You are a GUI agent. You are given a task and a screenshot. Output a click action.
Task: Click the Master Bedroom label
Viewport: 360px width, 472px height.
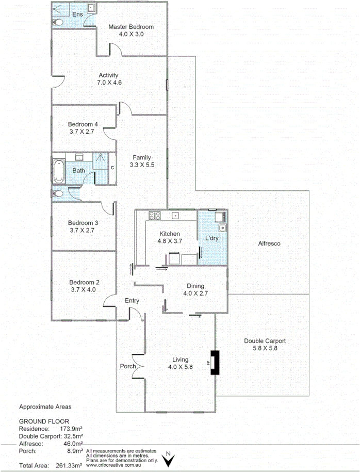coord(130,27)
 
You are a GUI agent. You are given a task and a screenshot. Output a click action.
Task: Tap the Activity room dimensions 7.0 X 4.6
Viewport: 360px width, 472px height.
coord(108,83)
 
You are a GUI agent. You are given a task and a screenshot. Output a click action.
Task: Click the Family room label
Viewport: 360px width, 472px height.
coord(141,157)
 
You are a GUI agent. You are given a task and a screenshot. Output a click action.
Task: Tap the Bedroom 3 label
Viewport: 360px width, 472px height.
coord(83,223)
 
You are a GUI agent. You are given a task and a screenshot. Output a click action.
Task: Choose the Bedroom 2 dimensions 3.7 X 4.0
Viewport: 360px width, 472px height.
coord(83,290)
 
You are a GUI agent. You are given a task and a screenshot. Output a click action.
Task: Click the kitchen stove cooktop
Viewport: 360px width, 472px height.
coord(155,215)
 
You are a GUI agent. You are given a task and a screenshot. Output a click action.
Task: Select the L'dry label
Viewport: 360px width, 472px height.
coord(212,239)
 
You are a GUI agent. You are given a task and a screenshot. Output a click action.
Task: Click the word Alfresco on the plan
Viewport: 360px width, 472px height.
coord(269,243)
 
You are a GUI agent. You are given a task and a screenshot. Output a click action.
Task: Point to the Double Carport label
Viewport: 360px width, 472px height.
coord(265,341)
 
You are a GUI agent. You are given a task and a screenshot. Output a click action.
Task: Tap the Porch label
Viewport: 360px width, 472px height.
coord(127,367)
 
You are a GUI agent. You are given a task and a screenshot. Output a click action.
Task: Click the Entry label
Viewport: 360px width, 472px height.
coord(132,301)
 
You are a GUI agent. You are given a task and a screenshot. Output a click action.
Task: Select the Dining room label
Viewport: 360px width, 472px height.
coord(195,286)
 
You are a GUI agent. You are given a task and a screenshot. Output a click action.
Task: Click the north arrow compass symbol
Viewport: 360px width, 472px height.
coord(168,459)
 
